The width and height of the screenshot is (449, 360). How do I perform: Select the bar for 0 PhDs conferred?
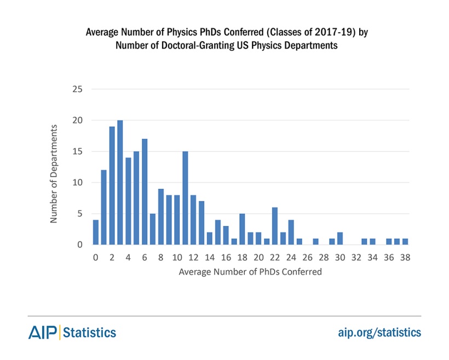[96, 232]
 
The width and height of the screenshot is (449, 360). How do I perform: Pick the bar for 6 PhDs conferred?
[145, 191]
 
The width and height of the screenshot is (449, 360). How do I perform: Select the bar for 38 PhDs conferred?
[405, 241]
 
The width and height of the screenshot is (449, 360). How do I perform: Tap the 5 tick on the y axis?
[80, 213]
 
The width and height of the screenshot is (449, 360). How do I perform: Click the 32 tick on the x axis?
[356, 257]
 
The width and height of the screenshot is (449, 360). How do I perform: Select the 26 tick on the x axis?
[307, 257]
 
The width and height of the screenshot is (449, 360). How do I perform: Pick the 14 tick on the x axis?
[210, 257]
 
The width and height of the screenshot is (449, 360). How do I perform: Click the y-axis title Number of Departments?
[54, 174]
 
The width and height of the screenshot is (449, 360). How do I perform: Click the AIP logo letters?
[43, 332]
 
